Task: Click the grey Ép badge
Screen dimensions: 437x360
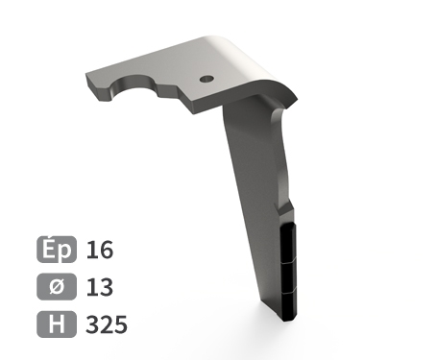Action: (57, 250)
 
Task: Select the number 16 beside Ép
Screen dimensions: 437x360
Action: (100, 250)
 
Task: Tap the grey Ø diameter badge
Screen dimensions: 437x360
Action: (57, 287)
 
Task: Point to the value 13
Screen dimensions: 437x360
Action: (100, 287)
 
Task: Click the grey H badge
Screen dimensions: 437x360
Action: (57, 324)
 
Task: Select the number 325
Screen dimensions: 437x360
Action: (107, 324)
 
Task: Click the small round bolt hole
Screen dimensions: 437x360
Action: (206, 79)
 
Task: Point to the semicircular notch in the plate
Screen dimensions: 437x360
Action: (134, 85)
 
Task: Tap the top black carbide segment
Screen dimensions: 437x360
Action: (288, 243)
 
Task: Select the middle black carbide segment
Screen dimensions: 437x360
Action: (289, 277)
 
